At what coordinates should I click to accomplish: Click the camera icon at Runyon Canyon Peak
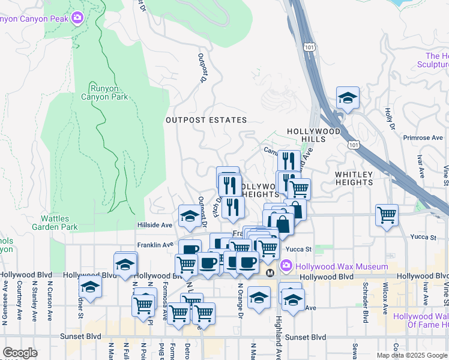click(x=77, y=18)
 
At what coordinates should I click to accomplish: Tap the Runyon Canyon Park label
click(x=105, y=92)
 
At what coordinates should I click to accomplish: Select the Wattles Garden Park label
click(x=59, y=223)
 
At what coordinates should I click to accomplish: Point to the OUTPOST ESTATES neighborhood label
click(x=198, y=120)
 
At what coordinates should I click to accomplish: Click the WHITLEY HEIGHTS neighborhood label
click(x=354, y=178)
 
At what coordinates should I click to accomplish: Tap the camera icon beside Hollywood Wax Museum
click(x=287, y=265)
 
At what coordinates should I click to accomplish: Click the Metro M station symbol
click(x=270, y=272)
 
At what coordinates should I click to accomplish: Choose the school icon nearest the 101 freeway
click(x=348, y=98)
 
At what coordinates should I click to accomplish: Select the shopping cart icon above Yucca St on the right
click(x=387, y=214)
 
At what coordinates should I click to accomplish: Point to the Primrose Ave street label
click(x=423, y=137)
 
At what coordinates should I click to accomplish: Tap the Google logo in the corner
click(x=20, y=352)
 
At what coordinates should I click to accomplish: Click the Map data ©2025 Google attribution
click(x=411, y=355)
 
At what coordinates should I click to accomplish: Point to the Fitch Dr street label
click(x=218, y=208)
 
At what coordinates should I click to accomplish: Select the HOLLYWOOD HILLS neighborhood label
click(x=313, y=135)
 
